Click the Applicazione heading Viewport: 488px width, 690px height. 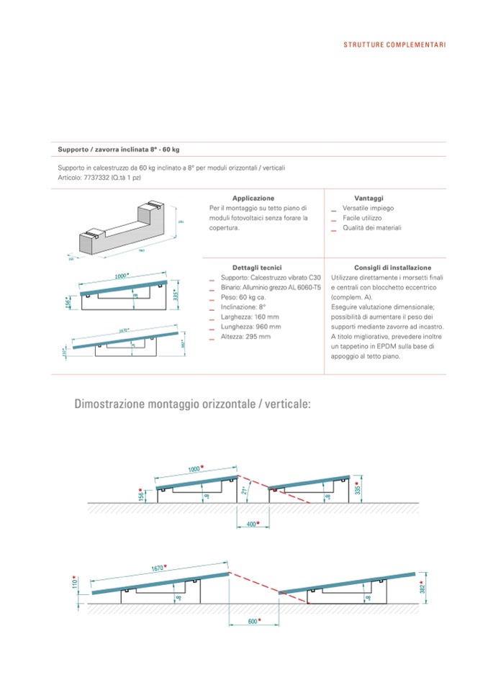pyautogui.click(x=253, y=197)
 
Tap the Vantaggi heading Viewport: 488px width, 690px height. pyautogui.click(x=369, y=197)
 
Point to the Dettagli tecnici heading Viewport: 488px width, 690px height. pyautogui.click(x=253, y=267)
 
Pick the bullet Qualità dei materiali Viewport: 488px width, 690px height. pyautogui.click(x=371, y=227)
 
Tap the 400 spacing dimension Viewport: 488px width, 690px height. pyautogui.click(x=250, y=524)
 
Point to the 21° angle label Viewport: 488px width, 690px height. pyautogui.click(x=245, y=491)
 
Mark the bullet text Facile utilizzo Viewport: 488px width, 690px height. pyautogui.click(x=362, y=217)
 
